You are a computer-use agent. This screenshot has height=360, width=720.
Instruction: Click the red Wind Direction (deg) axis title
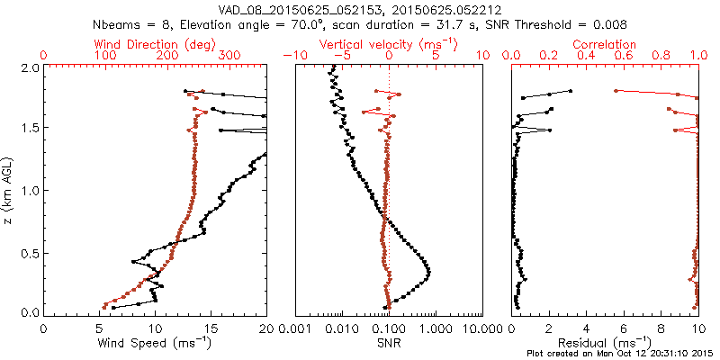[155, 44]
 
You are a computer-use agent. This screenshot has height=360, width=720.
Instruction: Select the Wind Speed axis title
[155, 343]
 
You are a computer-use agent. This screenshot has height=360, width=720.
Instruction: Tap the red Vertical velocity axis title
[389, 44]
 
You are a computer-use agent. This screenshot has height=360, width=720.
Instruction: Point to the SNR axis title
[389, 343]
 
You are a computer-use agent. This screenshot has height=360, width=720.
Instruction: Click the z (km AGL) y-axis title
[10, 190]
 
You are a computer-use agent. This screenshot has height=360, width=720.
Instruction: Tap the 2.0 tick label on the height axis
[30, 67]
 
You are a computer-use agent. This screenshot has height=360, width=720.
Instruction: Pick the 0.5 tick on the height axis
[30, 252]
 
